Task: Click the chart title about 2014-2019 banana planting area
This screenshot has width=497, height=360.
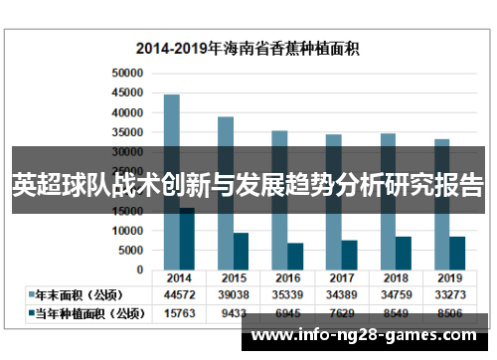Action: [248, 48]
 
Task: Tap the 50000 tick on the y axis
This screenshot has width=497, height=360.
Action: [128, 74]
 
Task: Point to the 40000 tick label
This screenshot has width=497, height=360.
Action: [128, 112]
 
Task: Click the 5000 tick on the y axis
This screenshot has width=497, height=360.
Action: [131, 250]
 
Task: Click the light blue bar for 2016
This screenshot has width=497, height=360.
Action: [279, 139]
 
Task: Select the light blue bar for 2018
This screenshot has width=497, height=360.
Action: [388, 140]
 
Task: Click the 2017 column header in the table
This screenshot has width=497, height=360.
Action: [340, 277]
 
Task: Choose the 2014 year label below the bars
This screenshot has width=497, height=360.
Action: [179, 277]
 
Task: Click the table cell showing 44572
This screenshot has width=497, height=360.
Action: [179, 295]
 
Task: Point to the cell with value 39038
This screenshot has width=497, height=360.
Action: [233, 295]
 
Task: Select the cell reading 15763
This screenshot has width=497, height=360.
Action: [179, 313]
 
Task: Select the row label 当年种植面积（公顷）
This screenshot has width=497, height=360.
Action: [83, 313]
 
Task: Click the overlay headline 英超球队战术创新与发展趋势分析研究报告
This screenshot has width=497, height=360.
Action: [248, 186]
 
